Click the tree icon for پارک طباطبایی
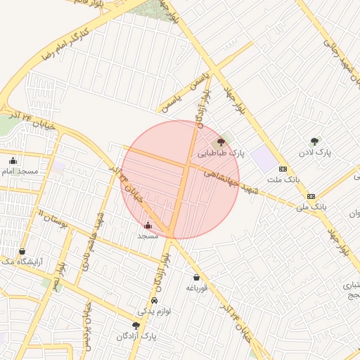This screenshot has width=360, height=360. pyautogui.click(x=221, y=142)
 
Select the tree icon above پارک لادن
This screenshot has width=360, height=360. pyautogui.click(x=314, y=141)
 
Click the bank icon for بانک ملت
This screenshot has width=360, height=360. pyautogui.click(x=283, y=169)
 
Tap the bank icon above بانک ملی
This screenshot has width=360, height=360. pyautogui.click(x=311, y=196)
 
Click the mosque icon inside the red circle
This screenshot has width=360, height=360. pyautogui.click(x=148, y=226)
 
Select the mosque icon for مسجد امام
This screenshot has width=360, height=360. pyautogui.click(x=13, y=160)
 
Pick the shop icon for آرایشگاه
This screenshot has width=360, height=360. pyautogui.click(x=22, y=251)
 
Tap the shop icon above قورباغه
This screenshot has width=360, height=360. pyautogui.click(x=196, y=278)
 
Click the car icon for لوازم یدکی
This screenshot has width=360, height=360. pyautogui.click(x=145, y=300)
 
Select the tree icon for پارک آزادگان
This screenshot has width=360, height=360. pyautogui.click(x=136, y=325)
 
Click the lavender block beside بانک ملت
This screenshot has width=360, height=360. pyautogui.click(x=264, y=158)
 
